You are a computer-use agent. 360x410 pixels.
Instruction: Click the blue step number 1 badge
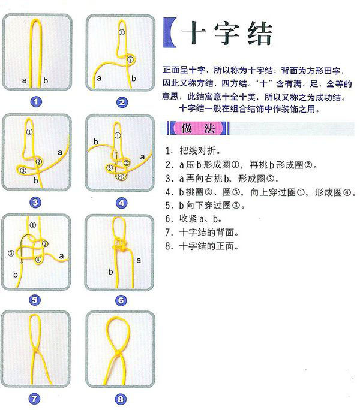[37, 102]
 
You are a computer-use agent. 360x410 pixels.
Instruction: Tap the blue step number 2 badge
[121, 102]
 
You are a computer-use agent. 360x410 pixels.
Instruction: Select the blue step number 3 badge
[37, 202]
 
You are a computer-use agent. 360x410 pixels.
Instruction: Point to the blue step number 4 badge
[121, 202]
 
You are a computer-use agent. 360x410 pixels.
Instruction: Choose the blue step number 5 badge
[37, 300]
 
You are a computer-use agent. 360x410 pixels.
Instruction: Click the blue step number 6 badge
[121, 300]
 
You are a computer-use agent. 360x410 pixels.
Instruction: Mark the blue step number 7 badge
[37, 397]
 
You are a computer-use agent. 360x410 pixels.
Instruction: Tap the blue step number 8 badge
[121, 397]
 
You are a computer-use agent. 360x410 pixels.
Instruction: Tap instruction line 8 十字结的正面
[205, 246]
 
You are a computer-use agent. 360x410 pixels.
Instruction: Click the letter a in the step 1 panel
[25, 79]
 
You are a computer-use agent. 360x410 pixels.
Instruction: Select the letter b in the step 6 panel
[110, 272]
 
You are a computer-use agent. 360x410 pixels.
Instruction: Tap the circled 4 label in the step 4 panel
[121, 176]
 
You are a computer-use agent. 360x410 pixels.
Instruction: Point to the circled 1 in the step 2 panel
[122, 32]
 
